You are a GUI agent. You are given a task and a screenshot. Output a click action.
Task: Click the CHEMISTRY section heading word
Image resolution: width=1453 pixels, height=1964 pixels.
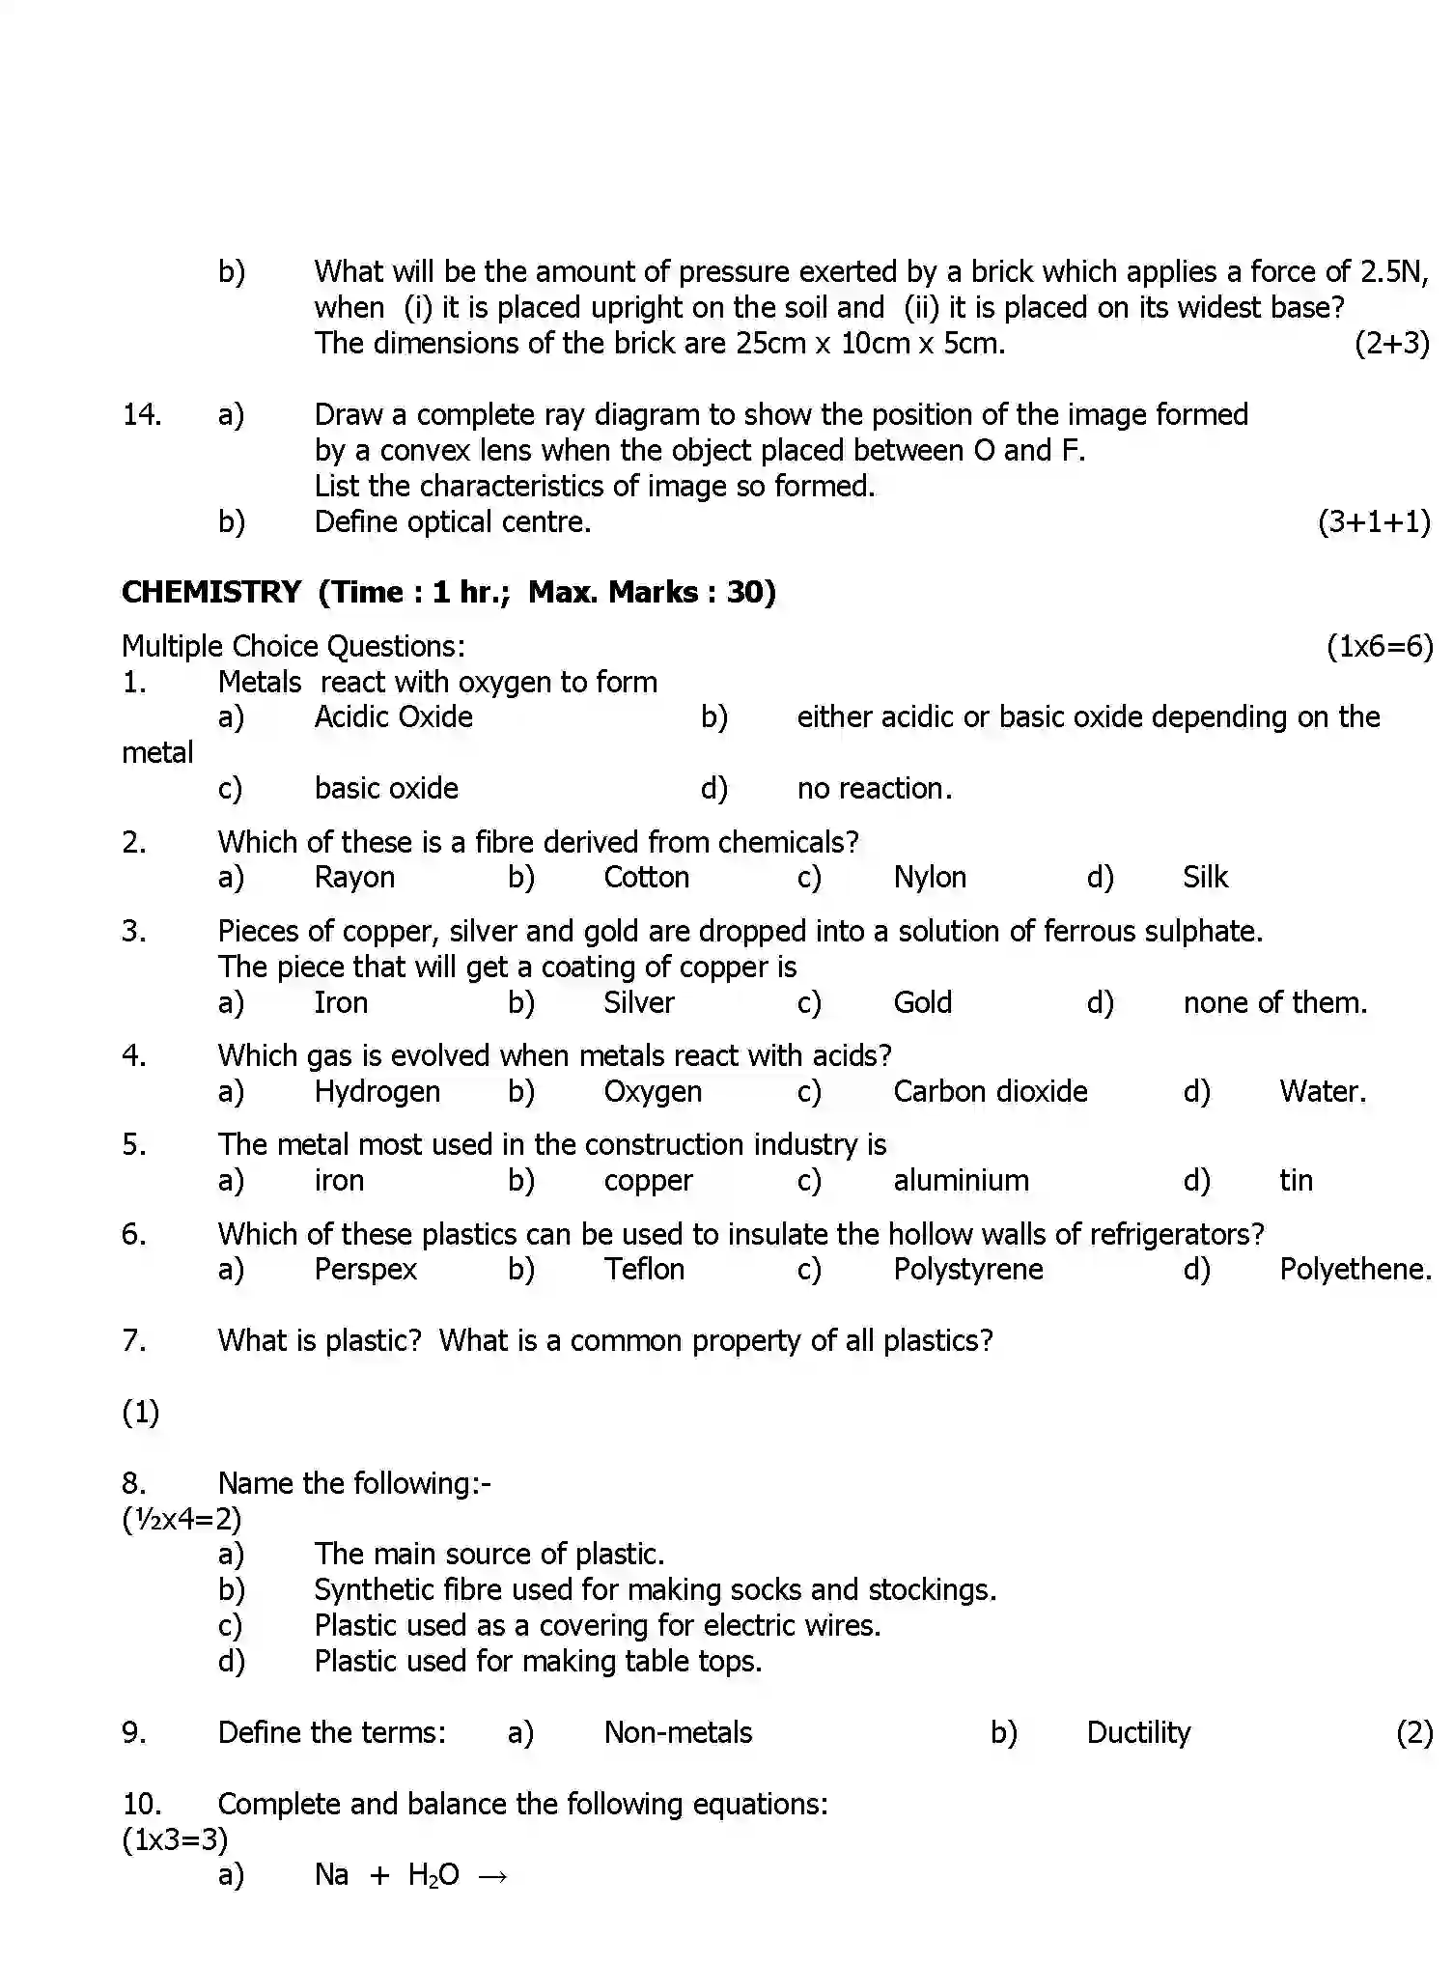click(210, 592)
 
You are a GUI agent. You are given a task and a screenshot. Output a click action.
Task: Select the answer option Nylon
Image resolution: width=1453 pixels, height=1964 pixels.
click(929, 877)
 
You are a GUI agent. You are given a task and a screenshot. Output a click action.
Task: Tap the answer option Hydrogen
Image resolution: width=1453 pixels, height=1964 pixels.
click(377, 1091)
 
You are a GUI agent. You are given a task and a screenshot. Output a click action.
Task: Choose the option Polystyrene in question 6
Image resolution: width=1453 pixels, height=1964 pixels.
click(967, 1269)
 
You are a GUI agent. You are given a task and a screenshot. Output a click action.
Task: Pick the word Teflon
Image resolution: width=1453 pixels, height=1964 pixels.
click(644, 1269)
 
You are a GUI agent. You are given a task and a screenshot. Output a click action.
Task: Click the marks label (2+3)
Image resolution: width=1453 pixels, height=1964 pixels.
click(1391, 343)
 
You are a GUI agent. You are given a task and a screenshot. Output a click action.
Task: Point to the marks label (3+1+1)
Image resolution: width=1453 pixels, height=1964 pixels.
click(1373, 521)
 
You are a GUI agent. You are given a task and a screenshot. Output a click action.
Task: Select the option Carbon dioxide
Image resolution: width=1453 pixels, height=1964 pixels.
click(990, 1091)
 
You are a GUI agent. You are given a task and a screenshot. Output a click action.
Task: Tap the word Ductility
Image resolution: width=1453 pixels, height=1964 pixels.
click(1138, 1732)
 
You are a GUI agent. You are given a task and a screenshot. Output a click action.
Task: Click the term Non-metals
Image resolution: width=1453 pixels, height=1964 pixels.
click(678, 1732)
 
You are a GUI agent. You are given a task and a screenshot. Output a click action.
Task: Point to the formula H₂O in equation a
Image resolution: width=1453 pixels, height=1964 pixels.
click(433, 1875)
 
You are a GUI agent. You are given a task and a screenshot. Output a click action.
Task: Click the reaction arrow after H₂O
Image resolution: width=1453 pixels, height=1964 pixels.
click(492, 1876)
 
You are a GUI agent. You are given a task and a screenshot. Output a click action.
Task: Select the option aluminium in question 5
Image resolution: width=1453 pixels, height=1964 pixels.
click(961, 1180)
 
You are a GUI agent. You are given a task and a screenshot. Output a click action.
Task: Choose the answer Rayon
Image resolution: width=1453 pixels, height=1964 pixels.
click(354, 877)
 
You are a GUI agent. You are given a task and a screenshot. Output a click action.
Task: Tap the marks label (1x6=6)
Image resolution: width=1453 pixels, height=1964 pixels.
click(1380, 646)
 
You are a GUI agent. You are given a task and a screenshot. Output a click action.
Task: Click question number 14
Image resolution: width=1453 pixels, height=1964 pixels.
click(142, 414)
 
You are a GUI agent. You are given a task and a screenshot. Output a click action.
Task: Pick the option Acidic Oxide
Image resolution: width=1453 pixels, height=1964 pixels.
click(393, 716)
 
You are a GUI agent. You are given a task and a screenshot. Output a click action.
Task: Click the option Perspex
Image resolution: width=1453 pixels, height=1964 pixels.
click(365, 1269)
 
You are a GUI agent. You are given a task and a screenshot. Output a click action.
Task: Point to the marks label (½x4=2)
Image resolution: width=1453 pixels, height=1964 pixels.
click(182, 1519)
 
